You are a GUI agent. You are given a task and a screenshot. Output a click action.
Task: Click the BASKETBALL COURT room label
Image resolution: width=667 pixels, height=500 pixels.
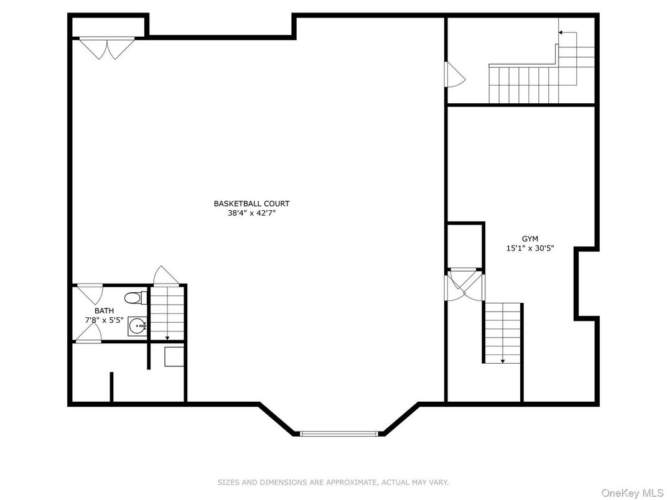(251, 203)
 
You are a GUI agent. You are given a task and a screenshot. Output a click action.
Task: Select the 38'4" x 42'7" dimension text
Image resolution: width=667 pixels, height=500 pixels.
(251, 213)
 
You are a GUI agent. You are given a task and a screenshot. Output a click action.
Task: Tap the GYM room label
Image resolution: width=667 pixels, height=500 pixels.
(530, 239)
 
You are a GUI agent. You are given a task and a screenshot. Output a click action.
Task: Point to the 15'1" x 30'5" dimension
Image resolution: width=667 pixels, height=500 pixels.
(530, 248)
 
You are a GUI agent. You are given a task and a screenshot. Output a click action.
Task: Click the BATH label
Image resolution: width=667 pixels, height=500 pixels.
(105, 311)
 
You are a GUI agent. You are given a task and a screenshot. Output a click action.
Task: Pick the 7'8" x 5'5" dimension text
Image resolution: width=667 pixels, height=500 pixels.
(105, 320)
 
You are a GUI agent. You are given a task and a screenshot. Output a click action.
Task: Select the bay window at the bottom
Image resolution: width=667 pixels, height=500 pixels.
(339, 433)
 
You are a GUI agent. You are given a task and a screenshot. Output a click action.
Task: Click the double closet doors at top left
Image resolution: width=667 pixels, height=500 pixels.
(107, 48)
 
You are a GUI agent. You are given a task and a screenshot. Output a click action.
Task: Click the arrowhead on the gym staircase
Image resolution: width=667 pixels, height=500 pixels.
(503, 361)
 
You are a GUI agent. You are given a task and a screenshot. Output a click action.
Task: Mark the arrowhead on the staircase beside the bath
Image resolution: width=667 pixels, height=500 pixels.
(167, 338)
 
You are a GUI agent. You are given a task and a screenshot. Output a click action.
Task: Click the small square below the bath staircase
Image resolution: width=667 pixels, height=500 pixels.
(174, 357)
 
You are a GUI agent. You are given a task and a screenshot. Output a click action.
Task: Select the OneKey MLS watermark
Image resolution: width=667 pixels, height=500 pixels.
(633, 493)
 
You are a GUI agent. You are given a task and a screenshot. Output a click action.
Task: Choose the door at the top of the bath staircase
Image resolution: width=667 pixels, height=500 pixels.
(166, 275)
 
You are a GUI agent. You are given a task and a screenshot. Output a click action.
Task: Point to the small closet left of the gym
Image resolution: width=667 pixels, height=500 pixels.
(465, 246)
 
